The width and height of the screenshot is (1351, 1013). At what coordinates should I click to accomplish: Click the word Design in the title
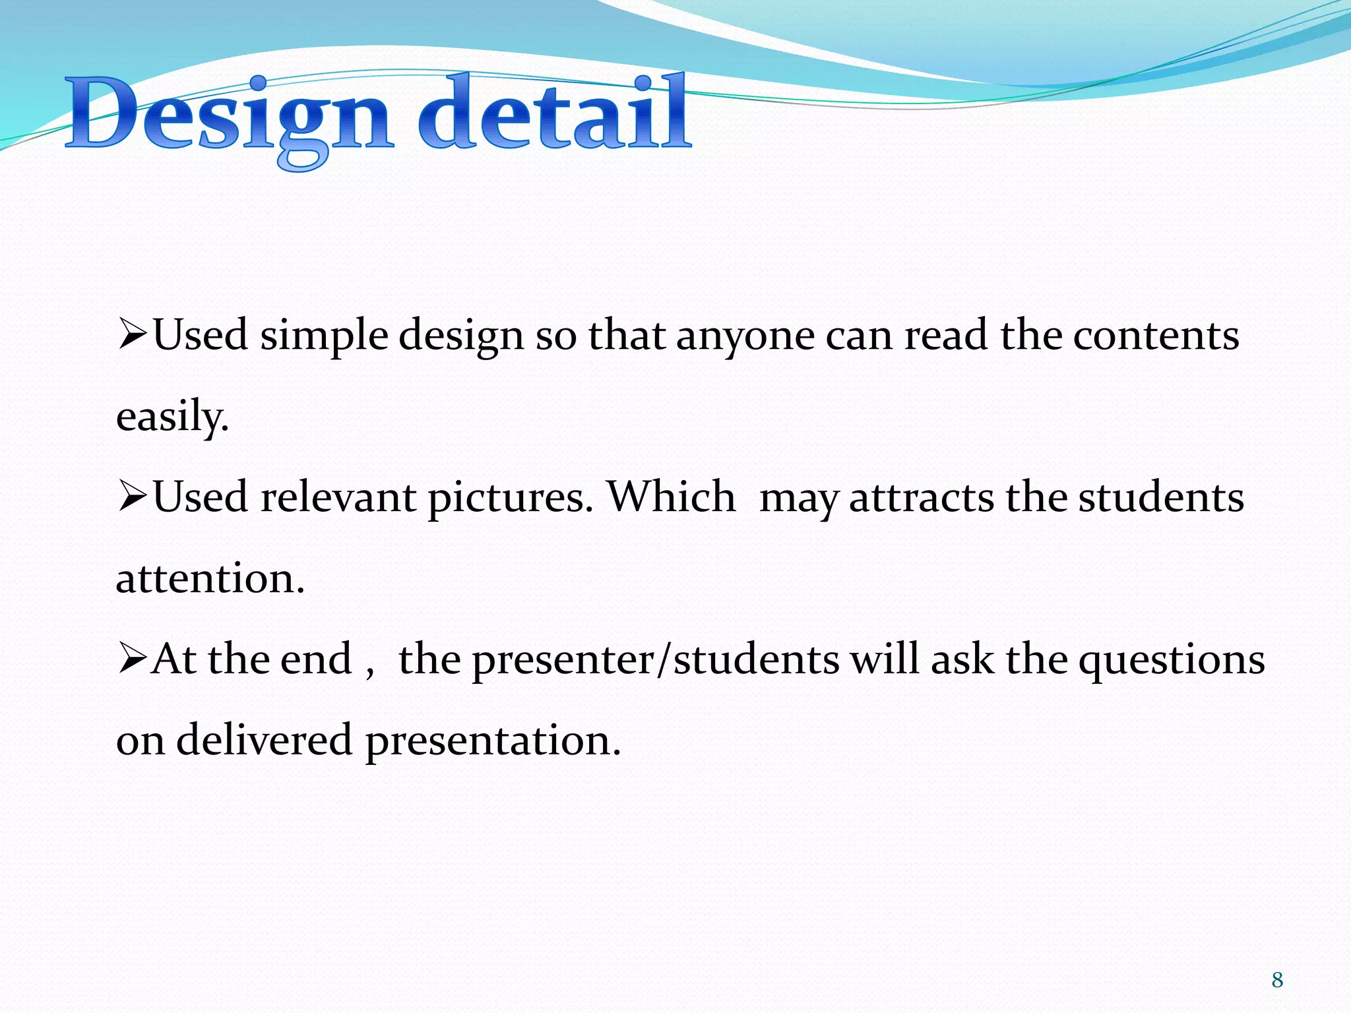point(231,115)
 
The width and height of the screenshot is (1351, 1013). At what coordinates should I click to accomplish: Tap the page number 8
point(1277,980)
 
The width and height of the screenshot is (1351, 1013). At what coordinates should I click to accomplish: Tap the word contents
point(1156,335)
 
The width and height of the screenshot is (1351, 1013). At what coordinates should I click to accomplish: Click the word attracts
point(921,498)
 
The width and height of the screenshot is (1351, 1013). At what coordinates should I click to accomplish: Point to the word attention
point(210,578)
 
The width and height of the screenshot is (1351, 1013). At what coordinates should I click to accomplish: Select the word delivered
point(264,739)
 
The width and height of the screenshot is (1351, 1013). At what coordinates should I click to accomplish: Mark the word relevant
point(338,497)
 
